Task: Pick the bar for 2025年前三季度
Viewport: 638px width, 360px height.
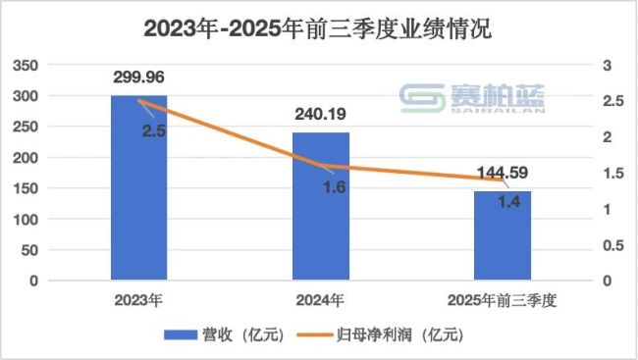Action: [503, 235]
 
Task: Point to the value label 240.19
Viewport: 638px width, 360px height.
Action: [321, 114]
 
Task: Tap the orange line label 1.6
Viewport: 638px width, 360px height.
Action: [334, 187]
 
